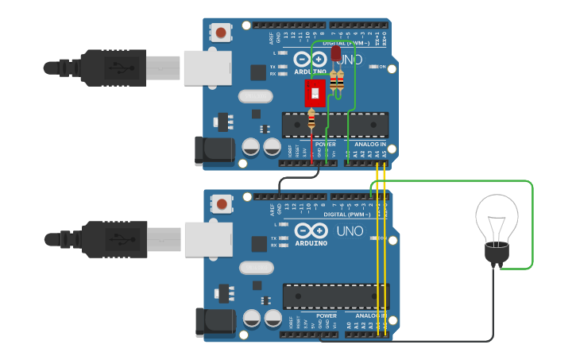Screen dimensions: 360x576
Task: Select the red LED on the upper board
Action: (x=335, y=53)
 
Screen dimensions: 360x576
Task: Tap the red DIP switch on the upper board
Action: (x=315, y=92)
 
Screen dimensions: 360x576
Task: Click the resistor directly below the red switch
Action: (x=311, y=120)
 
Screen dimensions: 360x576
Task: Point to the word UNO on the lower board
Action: (x=350, y=231)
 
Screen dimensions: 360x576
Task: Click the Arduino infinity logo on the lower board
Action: (x=311, y=231)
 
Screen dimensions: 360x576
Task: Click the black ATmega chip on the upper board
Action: (x=334, y=125)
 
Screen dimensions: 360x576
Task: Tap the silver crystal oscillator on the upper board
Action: (x=255, y=97)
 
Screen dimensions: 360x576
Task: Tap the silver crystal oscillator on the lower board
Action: (x=255, y=268)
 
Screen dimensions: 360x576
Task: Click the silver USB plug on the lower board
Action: (x=207, y=239)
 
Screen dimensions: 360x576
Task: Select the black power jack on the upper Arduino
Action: (x=215, y=151)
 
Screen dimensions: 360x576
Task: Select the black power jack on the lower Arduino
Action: (x=215, y=320)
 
